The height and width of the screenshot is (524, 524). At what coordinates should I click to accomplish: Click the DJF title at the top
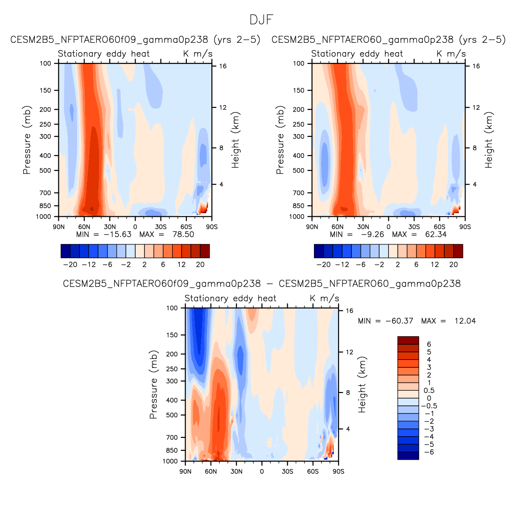[261, 20]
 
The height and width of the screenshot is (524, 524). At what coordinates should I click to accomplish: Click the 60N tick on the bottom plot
[211, 471]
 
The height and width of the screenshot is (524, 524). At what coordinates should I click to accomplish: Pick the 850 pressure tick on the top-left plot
[46, 206]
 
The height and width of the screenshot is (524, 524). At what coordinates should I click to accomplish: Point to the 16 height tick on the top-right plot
[476, 66]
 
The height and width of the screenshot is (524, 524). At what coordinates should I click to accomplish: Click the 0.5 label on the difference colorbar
[429, 391]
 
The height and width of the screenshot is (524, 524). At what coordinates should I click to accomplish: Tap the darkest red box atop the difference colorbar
[408, 340]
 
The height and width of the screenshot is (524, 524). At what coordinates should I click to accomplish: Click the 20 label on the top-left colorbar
[200, 264]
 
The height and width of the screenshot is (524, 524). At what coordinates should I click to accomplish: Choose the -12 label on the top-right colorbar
[342, 264]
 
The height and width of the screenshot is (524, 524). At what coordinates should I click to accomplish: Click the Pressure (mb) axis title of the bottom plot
[153, 384]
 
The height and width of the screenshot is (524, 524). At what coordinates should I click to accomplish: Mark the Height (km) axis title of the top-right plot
[489, 140]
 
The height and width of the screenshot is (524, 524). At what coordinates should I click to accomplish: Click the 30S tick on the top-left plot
[161, 227]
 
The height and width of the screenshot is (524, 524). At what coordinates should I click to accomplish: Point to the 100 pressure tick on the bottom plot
[172, 308]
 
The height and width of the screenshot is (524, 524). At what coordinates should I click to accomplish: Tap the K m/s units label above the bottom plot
[324, 298]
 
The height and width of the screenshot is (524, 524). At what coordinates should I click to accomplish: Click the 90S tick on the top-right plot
[465, 227]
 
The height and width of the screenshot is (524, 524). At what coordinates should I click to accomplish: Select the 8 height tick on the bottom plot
[348, 393]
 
